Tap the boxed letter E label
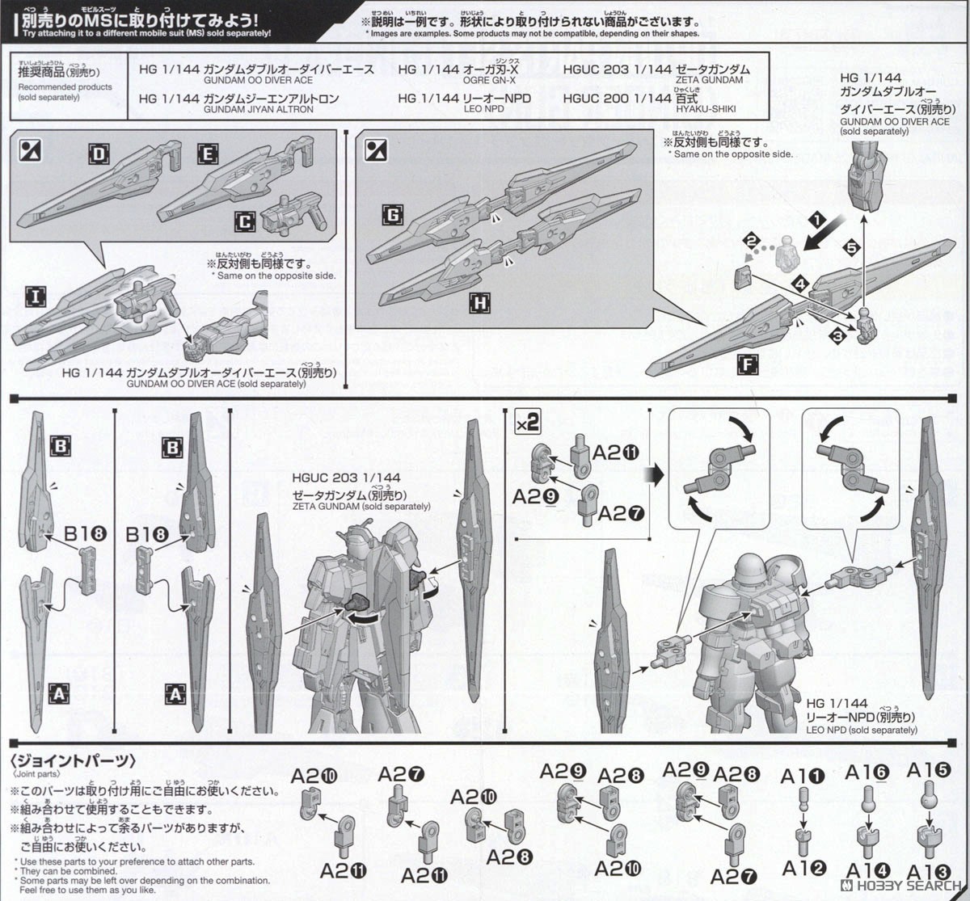pyautogui.click(x=207, y=154)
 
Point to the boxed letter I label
pyautogui.click(x=35, y=297)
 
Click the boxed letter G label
pyautogui.click(x=393, y=214)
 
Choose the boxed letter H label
pyautogui.click(x=479, y=303)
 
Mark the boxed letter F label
pyautogui.click(x=748, y=364)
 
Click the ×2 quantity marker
pyautogui.click(x=528, y=423)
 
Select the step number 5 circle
pyautogui.click(x=850, y=248)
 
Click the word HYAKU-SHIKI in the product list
pyautogui.click(x=706, y=109)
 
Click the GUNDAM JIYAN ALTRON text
pyautogui.click(x=258, y=109)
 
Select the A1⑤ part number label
pyautogui.click(x=928, y=770)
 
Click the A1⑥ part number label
pyautogui.click(x=867, y=773)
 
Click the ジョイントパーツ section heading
pyautogui.click(x=73, y=761)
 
